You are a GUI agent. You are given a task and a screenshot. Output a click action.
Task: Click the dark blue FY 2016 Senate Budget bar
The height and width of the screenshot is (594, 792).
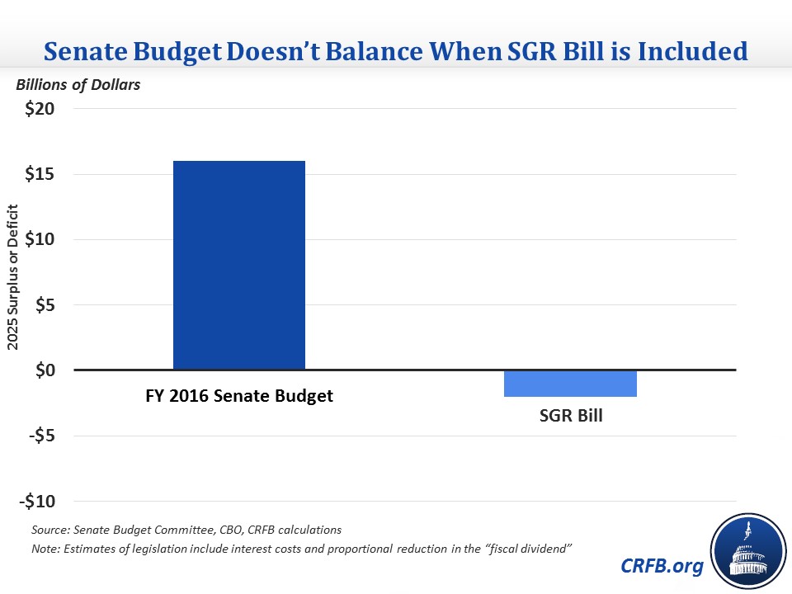(239, 265)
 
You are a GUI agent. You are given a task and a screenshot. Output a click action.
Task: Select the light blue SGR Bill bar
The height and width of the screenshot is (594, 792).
(570, 384)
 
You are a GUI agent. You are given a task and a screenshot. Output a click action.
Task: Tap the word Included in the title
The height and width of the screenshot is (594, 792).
(697, 52)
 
